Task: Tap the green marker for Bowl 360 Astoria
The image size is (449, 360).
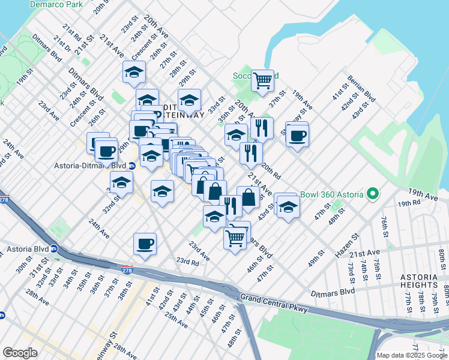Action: click(373, 194)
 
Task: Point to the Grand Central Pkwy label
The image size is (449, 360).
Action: click(274, 303)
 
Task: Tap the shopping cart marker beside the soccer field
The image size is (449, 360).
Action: click(262, 80)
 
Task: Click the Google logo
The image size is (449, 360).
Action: click(20, 352)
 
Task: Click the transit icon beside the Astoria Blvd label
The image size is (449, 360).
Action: click(54, 248)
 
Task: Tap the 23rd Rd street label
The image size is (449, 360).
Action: click(187, 261)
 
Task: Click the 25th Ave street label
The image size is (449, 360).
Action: click(178, 324)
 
